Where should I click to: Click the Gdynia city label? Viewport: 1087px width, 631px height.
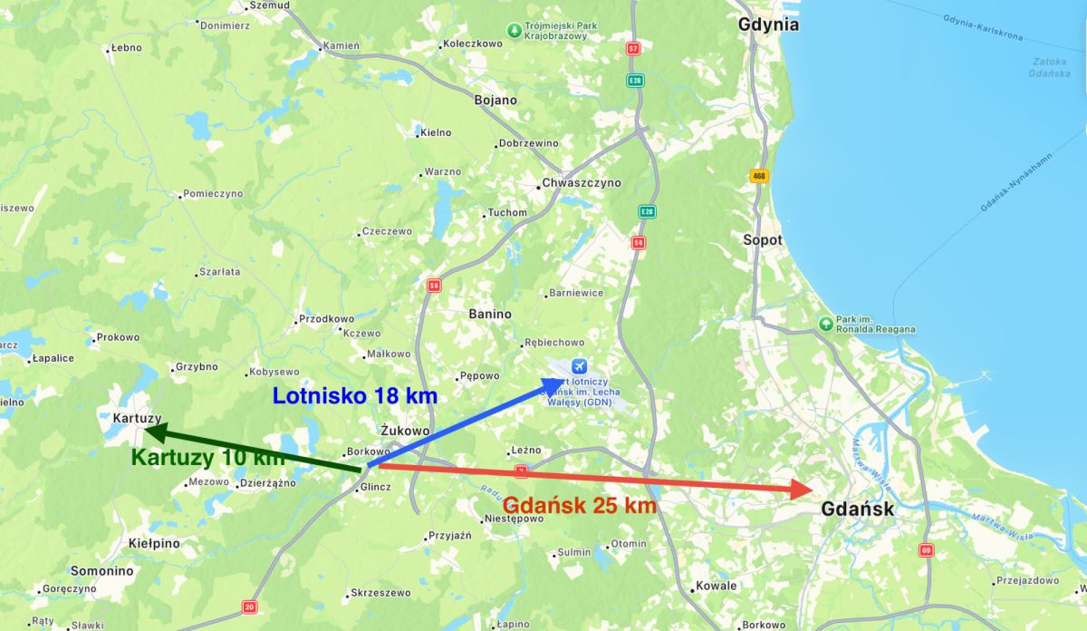[x=768, y=24]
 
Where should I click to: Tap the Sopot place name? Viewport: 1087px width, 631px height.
[x=762, y=240]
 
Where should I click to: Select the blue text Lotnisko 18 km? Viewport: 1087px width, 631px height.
[x=355, y=396]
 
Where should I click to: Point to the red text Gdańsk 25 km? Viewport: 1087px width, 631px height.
[x=580, y=506]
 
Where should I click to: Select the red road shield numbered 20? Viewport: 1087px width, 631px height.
[x=250, y=607]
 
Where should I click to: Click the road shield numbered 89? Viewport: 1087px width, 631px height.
[x=925, y=550]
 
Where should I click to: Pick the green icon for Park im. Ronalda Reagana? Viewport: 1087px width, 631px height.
[x=825, y=324]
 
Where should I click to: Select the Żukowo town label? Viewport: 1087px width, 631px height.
[x=405, y=431]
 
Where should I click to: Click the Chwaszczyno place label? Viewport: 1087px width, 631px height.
[x=582, y=183]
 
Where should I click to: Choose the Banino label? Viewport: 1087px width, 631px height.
[x=490, y=314]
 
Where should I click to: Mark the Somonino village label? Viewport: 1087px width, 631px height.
[x=102, y=571]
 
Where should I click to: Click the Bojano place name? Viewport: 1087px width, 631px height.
[x=495, y=100]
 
